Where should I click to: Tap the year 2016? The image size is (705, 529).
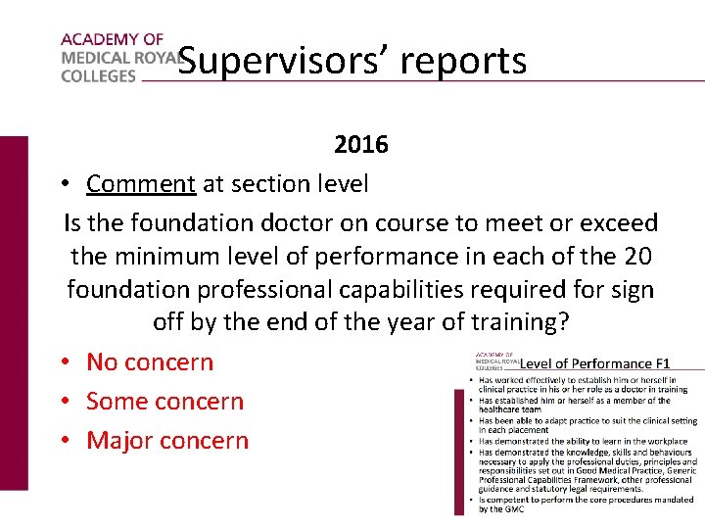pos(360,145)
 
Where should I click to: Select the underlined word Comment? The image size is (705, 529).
pos(141,183)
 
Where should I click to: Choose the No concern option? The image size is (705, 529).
pos(149,361)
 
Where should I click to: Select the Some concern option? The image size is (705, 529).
pos(164,401)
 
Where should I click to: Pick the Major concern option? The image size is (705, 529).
pos(167,440)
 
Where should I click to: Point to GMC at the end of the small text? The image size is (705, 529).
pos(513,509)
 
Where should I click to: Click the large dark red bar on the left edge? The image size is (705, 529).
pos(14,312)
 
